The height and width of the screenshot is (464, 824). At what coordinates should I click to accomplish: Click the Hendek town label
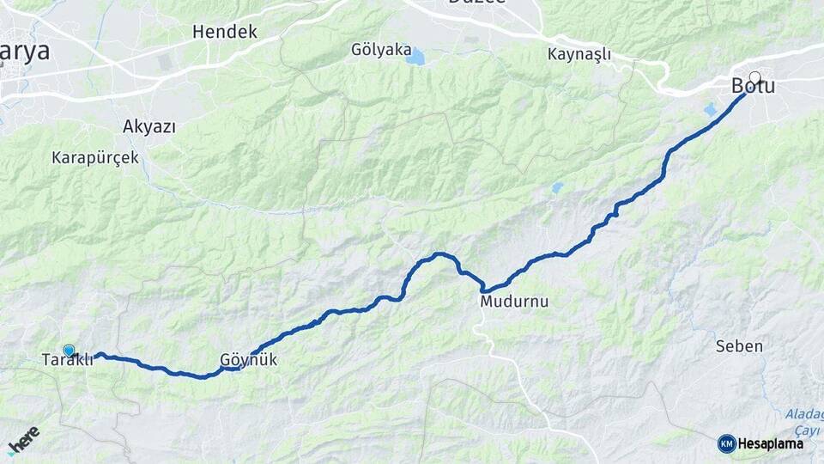(225, 32)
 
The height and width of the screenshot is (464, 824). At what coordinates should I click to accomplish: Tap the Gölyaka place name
(381, 50)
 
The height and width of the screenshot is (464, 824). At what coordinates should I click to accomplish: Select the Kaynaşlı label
(579, 54)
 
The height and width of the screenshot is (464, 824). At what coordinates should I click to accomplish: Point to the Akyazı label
(149, 127)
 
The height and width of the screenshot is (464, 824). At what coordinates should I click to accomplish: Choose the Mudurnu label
(515, 302)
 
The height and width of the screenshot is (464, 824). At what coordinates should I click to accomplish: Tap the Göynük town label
(249, 360)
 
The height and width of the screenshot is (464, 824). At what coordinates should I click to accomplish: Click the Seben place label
(739, 346)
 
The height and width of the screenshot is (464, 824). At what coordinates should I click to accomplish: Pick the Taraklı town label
(67, 360)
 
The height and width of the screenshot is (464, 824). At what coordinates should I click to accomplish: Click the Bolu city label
(753, 87)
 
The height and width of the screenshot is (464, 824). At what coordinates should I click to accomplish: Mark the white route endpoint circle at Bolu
(755, 76)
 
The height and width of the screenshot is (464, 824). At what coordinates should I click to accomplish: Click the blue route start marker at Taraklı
(69, 350)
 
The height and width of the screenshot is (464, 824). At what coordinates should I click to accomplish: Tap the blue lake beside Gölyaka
(416, 58)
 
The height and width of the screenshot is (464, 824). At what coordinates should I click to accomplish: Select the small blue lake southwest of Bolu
(710, 110)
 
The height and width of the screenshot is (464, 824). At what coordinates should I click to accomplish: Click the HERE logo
(23, 441)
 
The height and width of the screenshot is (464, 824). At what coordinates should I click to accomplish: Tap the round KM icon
(726, 443)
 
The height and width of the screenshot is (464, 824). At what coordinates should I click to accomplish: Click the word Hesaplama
(770, 443)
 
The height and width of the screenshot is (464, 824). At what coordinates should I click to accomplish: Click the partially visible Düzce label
(477, 3)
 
